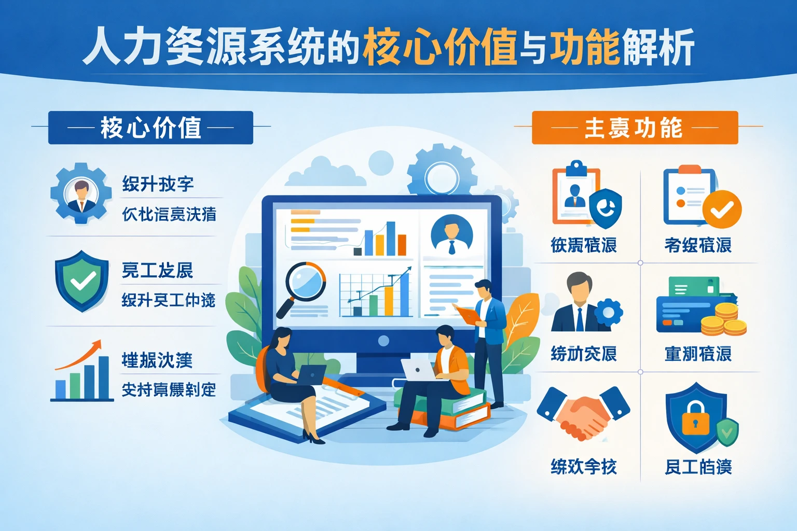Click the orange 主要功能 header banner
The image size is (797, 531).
[634, 128]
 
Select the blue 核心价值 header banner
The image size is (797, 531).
[150, 128]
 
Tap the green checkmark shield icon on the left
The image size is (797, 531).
[82, 281]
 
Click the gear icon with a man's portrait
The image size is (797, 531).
[81, 193]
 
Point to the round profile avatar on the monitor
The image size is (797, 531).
[451, 235]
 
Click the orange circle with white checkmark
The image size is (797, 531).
[722, 209]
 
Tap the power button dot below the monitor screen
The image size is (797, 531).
[383, 341]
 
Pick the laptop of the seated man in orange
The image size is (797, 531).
[418, 370]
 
